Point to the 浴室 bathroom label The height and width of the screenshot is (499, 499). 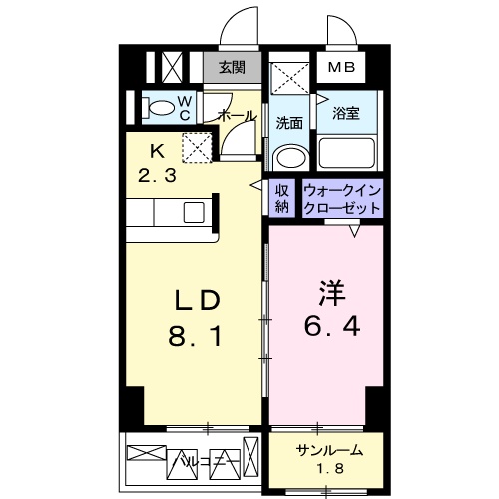coord(345,114)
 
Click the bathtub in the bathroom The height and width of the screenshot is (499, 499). coord(346,153)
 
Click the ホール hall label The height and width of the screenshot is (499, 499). coord(236,117)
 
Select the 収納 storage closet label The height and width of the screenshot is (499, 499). coord(283,198)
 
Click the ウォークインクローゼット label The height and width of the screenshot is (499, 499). coord(341,198)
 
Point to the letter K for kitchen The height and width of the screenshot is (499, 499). coord(156,152)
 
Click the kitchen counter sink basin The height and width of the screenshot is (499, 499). coord(195,212)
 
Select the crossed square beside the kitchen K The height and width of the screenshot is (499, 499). coord(196,149)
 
